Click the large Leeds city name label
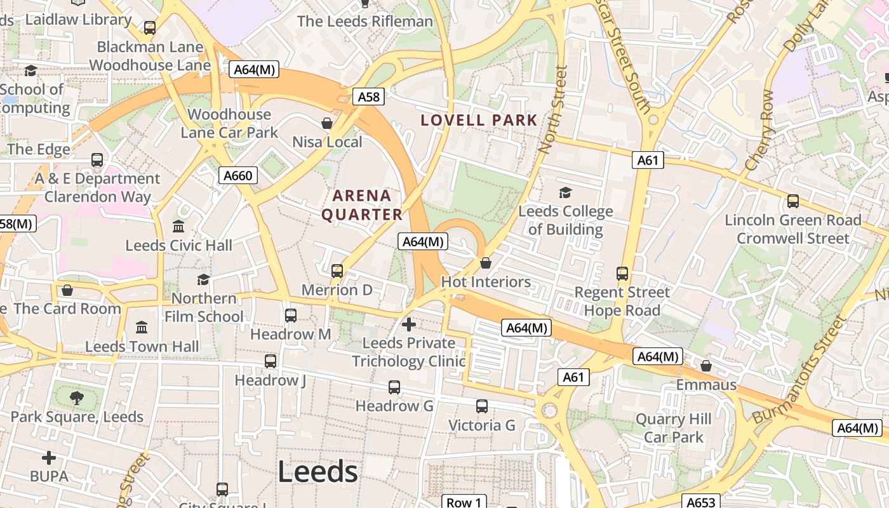(317, 472)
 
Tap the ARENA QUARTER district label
(362, 205)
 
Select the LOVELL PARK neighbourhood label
(479, 120)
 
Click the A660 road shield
(238, 175)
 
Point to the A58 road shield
(368, 97)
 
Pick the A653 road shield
(701, 502)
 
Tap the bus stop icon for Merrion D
(337, 271)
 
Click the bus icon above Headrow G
(394, 387)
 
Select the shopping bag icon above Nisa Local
(327, 123)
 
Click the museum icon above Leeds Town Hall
(142, 328)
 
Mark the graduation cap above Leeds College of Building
(565, 192)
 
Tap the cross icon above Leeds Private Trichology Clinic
(409, 324)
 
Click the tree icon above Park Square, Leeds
(77, 398)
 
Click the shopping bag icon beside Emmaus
(705, 366)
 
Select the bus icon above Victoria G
(482, 406)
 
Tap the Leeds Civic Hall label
(178, 245)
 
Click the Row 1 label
(464, 502)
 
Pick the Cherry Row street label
(759, 130)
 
